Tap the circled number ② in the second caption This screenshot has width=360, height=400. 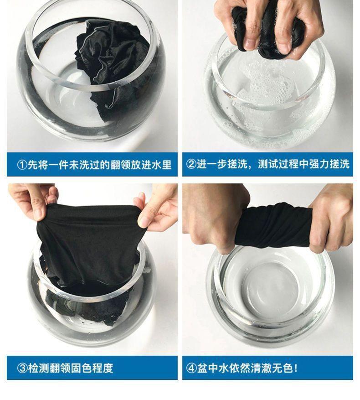click(x=191, y=164)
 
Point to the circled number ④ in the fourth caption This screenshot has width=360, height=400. click(x=191, y=368)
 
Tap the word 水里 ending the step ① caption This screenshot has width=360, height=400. click(x=162, y=165)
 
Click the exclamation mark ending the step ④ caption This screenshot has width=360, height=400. click(x=296, y=368)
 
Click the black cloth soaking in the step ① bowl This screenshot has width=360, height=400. click(x=112, y=66)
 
